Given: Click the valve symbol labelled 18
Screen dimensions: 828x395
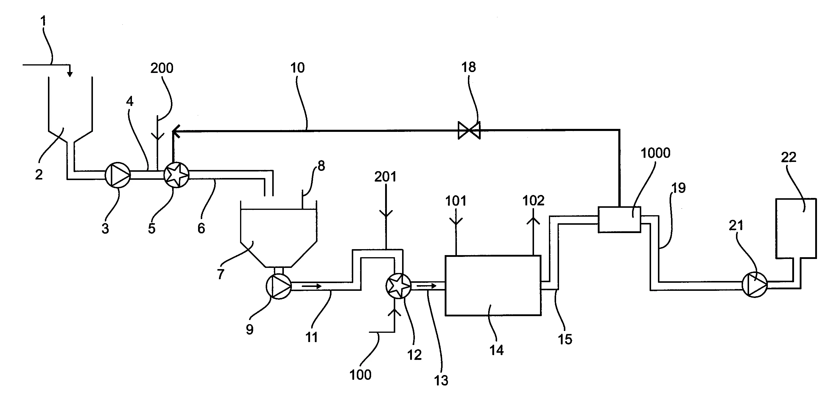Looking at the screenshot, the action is [x=469, y=130].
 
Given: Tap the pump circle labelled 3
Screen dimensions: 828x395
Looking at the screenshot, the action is [x=118, y=175].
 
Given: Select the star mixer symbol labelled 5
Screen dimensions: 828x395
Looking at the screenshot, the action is [x=176, y=175].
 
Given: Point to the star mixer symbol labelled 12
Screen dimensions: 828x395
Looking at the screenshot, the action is [x=398, y=286].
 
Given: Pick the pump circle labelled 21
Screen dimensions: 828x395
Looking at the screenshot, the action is [x=755, y=285].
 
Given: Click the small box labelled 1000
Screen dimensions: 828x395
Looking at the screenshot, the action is [x=619, y=219].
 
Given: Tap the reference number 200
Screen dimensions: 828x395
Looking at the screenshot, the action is [x=162, y=68].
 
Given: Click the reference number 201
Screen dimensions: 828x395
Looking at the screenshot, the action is [x=385, y=177].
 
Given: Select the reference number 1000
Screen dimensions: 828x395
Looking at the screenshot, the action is [x=656, y=153].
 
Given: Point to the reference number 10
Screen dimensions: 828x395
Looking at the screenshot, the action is [x=297, y=68].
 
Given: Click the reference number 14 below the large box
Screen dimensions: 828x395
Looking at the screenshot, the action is [x=497, y=350].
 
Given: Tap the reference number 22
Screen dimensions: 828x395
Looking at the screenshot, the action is [x=788, y=157].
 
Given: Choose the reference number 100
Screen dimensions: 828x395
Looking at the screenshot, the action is [x=360, y=375].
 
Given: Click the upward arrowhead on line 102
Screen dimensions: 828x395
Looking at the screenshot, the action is [x=533, y=220].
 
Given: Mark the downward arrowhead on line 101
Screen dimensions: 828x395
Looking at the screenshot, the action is [x=456, y=221].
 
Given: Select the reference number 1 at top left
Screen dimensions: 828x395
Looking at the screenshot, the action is [x=43, y=21].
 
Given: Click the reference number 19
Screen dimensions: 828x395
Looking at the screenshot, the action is [x=678, y=188].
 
